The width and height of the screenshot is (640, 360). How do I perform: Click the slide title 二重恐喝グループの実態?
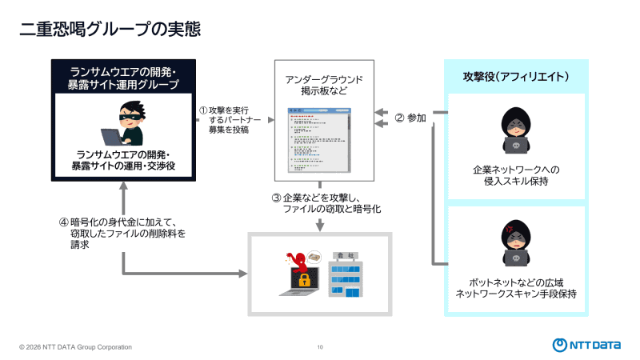click(x=110, y=29)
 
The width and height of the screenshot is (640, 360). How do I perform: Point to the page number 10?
click(x=320, y=347)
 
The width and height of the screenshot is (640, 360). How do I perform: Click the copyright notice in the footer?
click(x=76, y=347)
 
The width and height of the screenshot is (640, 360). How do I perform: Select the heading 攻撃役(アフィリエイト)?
click(x=516, y=77)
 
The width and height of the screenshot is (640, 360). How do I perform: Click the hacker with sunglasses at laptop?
click(x=125, y=124)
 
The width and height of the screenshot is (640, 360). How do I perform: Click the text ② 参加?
click(x=410, y=118)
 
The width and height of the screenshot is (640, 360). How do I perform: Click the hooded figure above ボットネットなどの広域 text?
click(x=516, y=244)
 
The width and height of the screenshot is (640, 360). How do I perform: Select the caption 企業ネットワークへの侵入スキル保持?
click(x=516, y=176)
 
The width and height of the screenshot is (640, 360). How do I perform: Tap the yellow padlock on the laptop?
click(x=304, y=281)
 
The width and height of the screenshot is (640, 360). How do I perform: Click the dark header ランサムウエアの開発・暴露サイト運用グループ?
click(x=124, y=78)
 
